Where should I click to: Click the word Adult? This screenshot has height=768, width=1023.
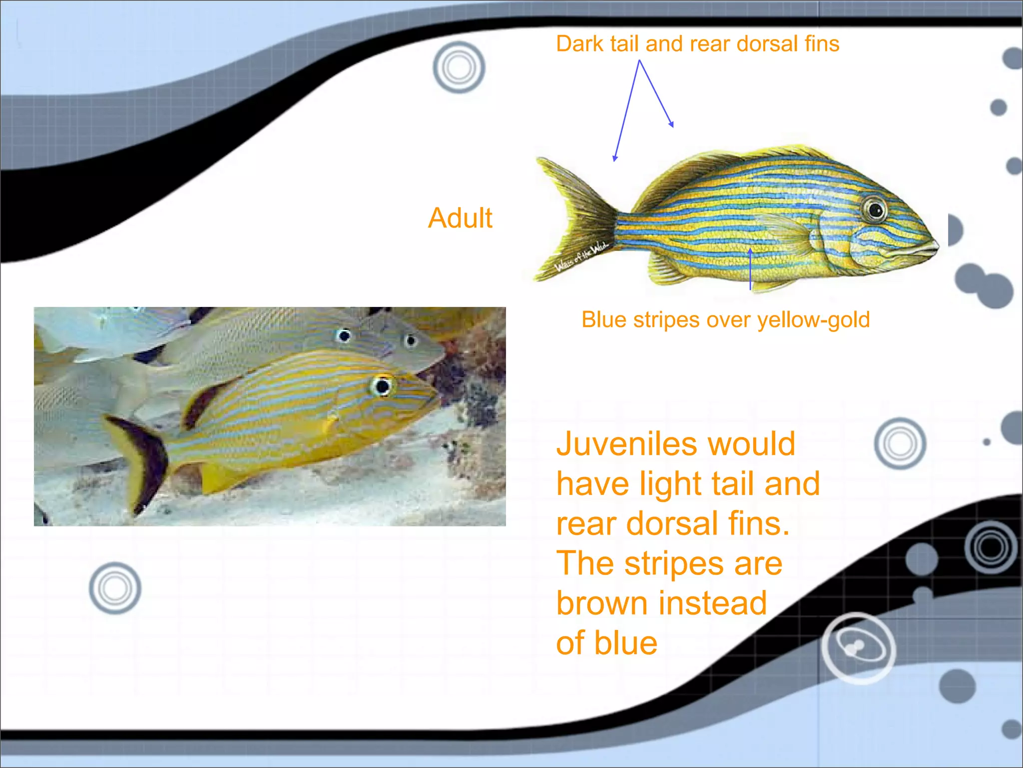pos(460,218)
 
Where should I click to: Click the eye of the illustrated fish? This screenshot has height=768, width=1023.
pos(875,209)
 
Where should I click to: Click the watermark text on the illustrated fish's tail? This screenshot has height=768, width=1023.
pos(581,256)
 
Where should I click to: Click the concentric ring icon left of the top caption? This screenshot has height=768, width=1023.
pos(459,67)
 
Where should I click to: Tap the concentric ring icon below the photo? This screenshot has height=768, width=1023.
pos(115,588)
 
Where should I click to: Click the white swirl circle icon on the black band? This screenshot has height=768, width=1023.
pos(858,648)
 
